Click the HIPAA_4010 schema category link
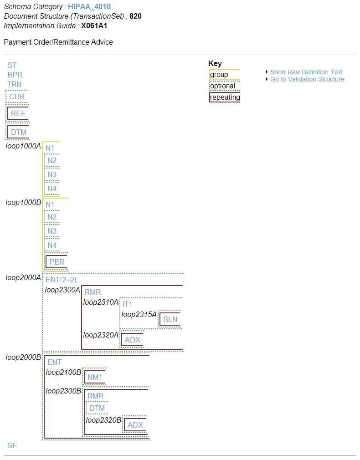[89, 7]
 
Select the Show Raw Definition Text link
[306, 72]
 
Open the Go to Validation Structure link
[307, 79]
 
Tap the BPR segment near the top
[15, 75]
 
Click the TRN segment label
[14, 84]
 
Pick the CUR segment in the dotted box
[17, 97]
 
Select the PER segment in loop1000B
[57, 262]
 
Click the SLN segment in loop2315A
[170, 319]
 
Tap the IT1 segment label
[128, 304]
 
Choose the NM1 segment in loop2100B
[95, 377]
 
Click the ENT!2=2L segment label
[62, 280]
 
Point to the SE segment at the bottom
[12, 445]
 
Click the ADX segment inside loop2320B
[135, 425]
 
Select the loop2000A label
[23, 277]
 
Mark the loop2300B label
[63, 391]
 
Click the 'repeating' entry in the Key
[225, 97]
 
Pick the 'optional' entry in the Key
[222, 86]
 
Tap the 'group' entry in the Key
[219, 74]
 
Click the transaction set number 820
[135, 16]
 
